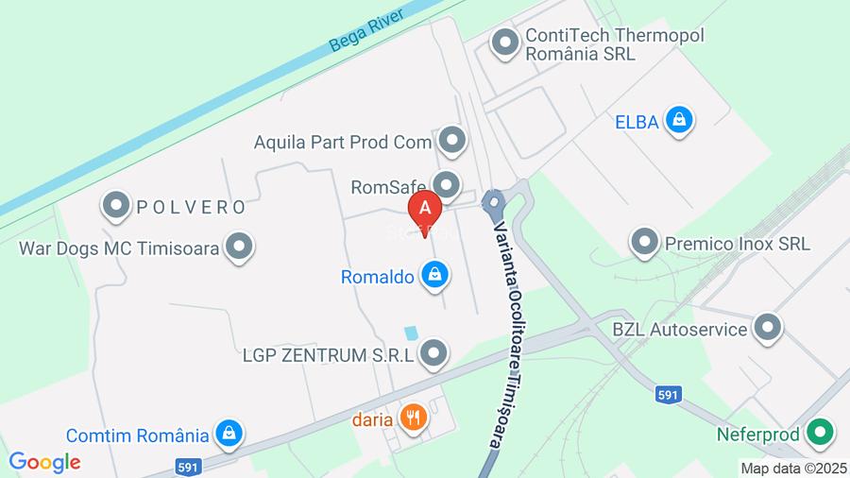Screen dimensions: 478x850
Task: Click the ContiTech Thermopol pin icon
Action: point(506,43)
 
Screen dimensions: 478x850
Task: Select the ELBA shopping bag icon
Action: point(678,120)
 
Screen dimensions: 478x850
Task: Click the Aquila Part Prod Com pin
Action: point(453,142)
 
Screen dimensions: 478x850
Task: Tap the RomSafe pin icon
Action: point(447,184)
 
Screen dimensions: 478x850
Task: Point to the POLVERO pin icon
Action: point(116,205)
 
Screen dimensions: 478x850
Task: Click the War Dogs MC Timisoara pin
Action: point(240,248)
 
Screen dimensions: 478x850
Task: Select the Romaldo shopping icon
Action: point(434,276)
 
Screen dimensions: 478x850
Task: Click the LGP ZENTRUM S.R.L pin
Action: point(433,354)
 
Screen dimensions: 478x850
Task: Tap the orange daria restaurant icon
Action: point(413,417)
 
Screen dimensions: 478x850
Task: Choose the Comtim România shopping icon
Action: point(228,435)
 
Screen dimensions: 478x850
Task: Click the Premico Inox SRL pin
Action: point(645,242)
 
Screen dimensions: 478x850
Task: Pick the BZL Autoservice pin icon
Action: point(768,329)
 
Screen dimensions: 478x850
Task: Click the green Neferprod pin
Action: point(821,434)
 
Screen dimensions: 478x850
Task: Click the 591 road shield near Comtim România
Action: point(187,467)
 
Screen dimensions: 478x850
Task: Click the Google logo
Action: point(44,462)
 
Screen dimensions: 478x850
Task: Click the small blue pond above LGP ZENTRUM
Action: point(411,333)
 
